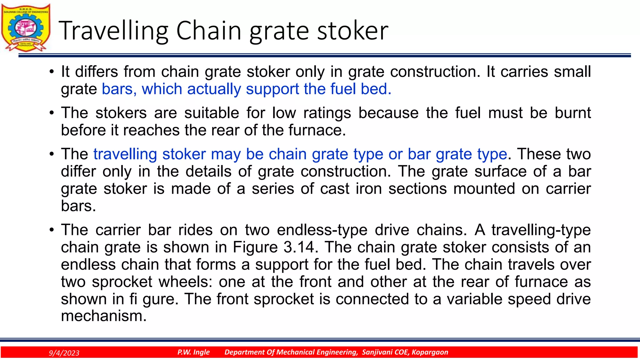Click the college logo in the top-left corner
point(26,27)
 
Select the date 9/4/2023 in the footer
point(64,353)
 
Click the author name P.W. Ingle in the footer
point(193,352)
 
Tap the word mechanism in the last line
point(103,316)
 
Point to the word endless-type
point(322,230)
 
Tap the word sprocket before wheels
point(122,282)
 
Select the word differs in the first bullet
point(97,72)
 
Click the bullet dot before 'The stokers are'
point(52,113)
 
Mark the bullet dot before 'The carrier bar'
point(52,230)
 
